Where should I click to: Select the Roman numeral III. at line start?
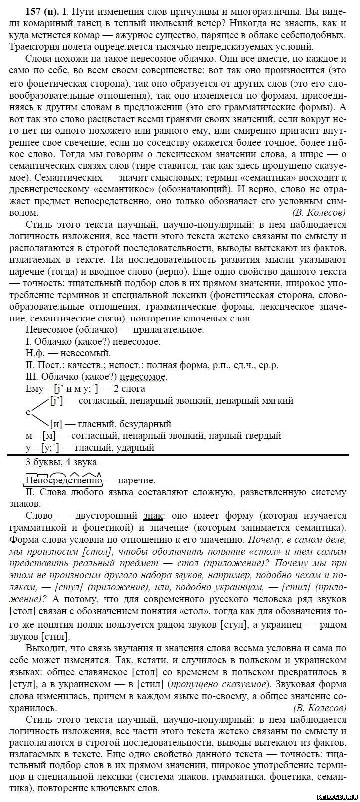click(31, 377)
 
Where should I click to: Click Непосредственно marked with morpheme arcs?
click(63, 480)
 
